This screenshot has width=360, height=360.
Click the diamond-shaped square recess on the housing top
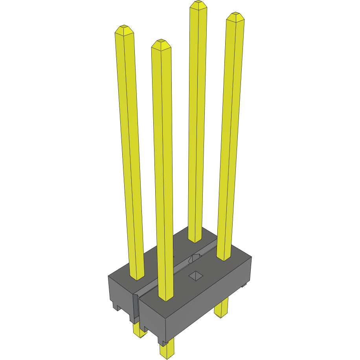[194, 276]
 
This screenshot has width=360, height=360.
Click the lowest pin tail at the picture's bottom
[166, 350]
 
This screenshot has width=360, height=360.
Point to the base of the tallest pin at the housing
[195, 239]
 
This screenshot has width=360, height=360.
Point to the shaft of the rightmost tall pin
[230, 138]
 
